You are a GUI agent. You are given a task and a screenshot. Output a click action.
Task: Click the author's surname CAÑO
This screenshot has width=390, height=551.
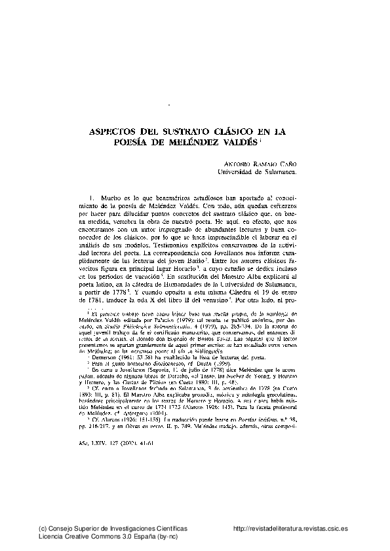coord(285,165)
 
